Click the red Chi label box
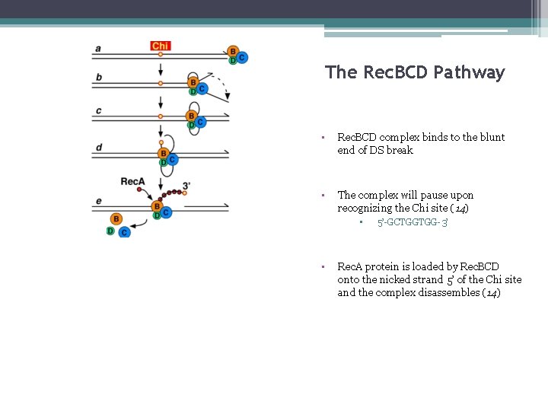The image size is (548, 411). [x=161, y=46]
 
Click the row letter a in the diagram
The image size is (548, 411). [x=98, y=49]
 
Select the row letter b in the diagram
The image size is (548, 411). [x=99, y=78]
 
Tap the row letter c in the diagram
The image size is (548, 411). [x=98, y=111]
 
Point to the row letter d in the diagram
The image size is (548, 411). [x=99, y=147]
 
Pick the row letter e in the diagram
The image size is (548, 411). [x=99, y=200]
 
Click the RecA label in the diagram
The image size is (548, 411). [x=133, y=181]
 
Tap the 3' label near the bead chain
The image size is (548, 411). [x=186, y=184]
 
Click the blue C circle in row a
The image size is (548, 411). [x=242, y=57]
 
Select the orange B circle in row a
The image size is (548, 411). [x=233, y=52]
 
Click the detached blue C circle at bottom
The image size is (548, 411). [x=124, y=231]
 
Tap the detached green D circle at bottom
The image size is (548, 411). [x=111, y=231]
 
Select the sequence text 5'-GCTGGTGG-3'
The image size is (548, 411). [x=413, y=222]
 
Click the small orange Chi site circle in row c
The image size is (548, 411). [x=161, y=117]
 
